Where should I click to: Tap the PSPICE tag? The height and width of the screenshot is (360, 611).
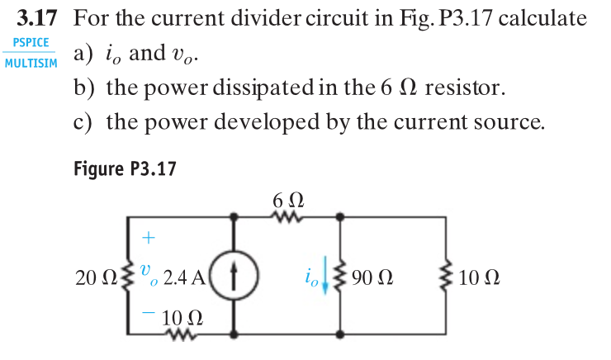[x=30, y=42]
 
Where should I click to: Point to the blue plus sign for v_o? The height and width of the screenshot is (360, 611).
[x=148, y=239]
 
